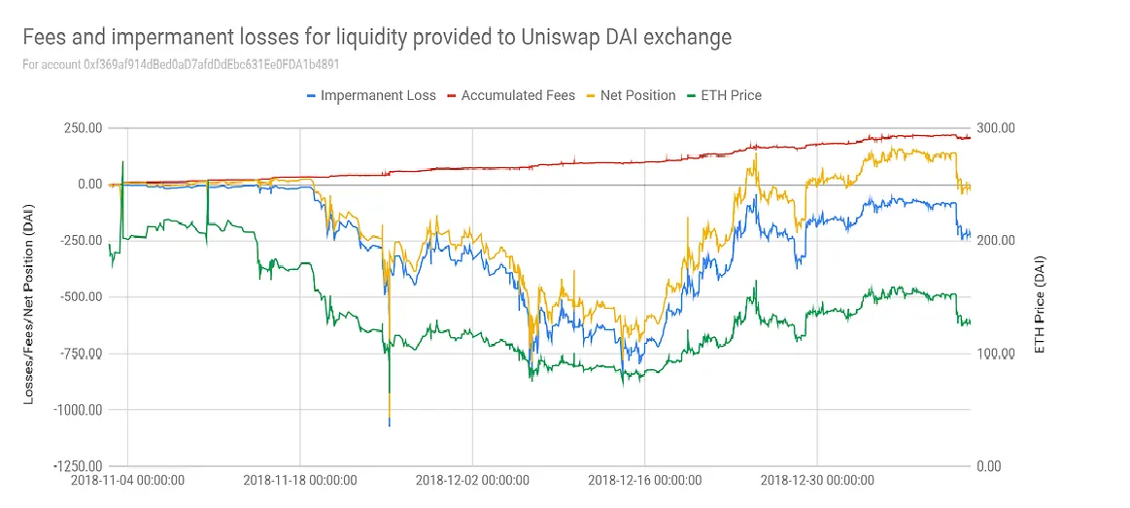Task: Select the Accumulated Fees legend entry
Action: (516, 95)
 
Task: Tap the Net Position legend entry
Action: (636, 95)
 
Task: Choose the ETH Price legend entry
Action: (724, 95)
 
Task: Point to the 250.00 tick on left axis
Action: (83, 128)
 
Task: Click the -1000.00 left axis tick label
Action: (78, 410)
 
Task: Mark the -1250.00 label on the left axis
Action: (78, 466)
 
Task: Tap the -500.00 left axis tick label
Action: (81, 297)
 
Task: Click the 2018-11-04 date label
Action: (128, 480)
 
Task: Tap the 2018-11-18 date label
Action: (300, 480)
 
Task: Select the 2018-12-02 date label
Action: (472, 480)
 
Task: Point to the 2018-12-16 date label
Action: (645, 480)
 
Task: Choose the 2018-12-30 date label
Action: (817, 480)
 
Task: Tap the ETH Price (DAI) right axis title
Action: (1041, 296)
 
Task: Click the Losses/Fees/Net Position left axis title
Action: (33, 296)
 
